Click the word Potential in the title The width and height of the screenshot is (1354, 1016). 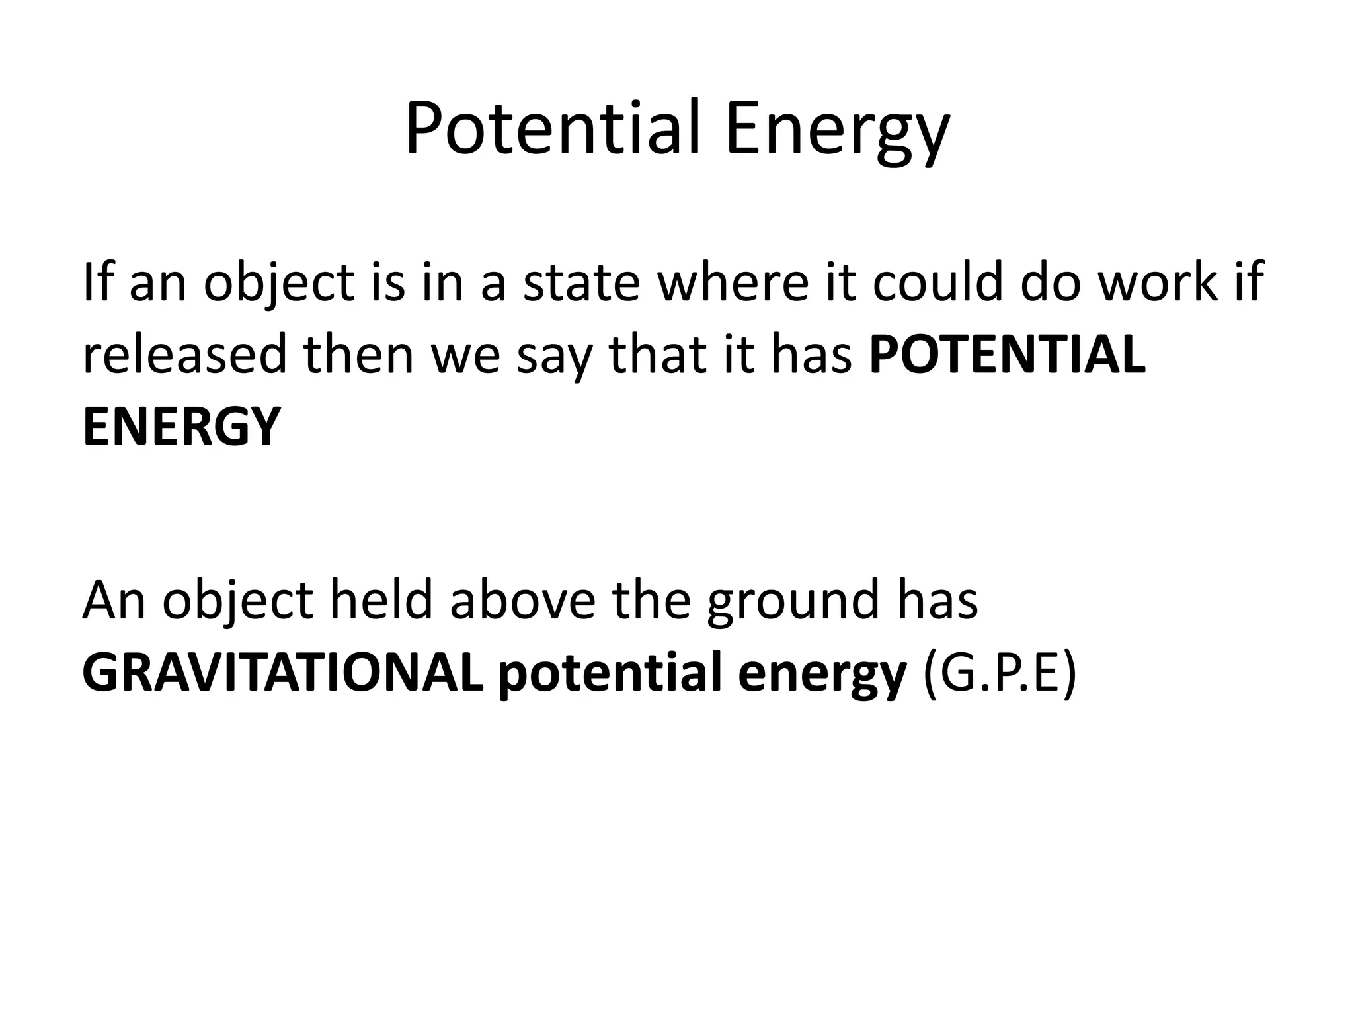[551, 128]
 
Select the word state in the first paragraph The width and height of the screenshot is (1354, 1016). [582, 282]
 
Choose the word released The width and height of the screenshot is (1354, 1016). [184, 355]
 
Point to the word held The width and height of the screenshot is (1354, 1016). [381, 601]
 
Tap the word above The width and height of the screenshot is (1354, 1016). [522, 601]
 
